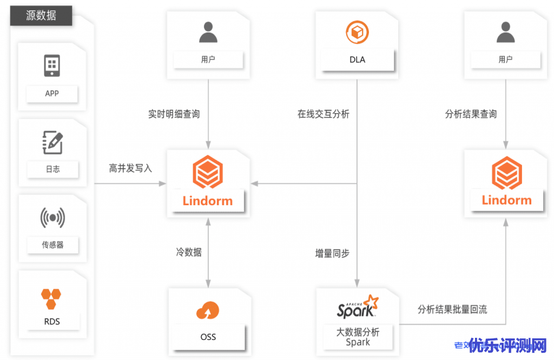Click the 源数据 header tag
pos(41,15)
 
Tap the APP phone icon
pos(52,66)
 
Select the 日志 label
pos(52,169)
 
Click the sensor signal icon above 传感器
pos(52,218)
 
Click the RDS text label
pos(52,322)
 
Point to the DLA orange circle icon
pos(357,32)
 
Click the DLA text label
pos(357,60)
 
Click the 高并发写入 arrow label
pos(130,168)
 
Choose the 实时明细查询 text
pos(174,114)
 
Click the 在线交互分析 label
pos(324,114)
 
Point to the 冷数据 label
pos(189,252)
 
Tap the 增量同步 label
pos(332,253)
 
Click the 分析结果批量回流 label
pos(452,309)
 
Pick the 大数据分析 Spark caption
pos(358,337)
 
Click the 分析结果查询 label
pos(471,114)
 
